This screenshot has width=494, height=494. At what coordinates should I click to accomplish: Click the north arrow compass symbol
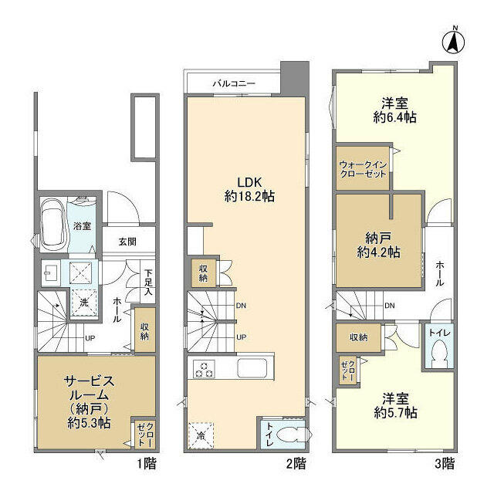tap(455, 39)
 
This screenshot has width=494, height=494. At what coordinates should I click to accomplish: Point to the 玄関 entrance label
tap(127, 242)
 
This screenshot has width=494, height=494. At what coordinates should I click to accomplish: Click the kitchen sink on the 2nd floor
tap(253, 367)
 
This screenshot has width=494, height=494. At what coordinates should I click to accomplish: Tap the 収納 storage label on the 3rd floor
tap(357, 337)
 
